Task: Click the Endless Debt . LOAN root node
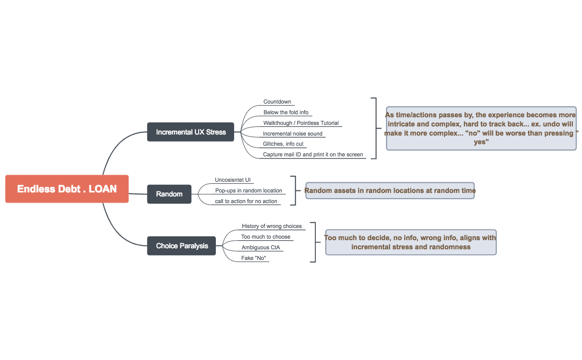[x=67, y=189]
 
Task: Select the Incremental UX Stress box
[x=190, y=132]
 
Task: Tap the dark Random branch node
[x=169, y=194]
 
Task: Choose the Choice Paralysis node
[x=182, y=246]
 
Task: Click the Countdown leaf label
[x=277, y=102]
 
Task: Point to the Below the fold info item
[x=286, y=113]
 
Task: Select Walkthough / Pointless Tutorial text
[x=301, y=123]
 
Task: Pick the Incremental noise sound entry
[x=293, y=134]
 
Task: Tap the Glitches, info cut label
[x=283, y=144]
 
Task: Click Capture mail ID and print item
[x=313, y=155]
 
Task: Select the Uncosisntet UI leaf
[x=233, y=180]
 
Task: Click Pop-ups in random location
[x=248, y=191]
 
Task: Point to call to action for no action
[x=246, y=202]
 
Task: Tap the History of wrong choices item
[x=272, y=226]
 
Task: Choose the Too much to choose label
[x=266, y=237]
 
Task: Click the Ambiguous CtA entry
[x=261, y=248]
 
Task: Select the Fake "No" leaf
[x=254, y=258]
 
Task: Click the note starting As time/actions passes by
[x=481, y=128]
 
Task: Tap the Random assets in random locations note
[x=390, y=191]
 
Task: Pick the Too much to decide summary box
[x=410, y=242]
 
